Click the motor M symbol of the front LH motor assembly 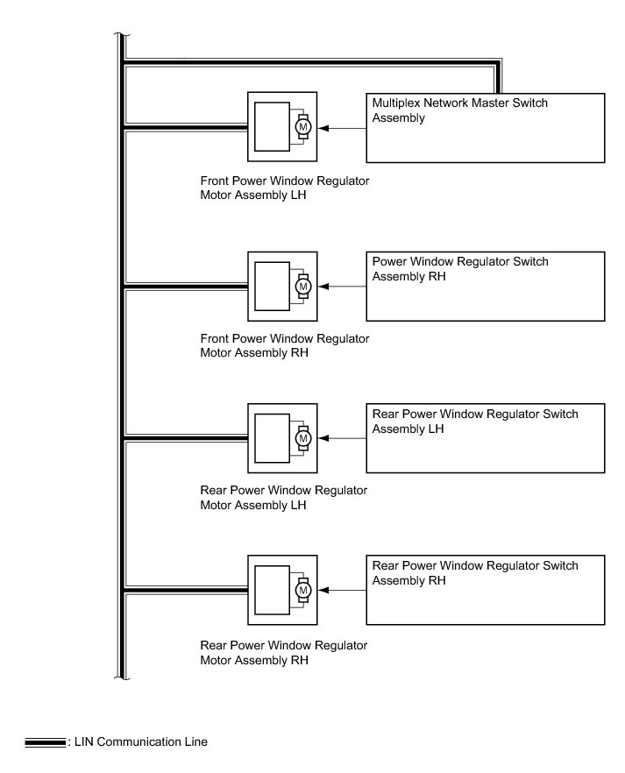coord(303,127)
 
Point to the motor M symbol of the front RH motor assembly coord(303,287)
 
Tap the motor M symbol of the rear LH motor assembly coord(303,438)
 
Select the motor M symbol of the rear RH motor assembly coord(303,590)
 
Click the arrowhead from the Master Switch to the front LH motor coord(323,128)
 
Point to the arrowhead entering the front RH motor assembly coord(323,287)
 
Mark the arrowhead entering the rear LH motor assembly coord(323,438)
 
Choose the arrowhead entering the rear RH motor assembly coord(323,590)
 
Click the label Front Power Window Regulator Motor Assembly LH coord(284,188)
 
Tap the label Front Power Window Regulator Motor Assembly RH coord(284,345)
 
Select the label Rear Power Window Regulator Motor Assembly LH coord(283,498)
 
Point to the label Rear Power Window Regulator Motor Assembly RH coord(283,653)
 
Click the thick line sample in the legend coord(46,742)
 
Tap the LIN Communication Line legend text coord(141,742)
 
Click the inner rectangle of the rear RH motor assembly coord(272,590)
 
